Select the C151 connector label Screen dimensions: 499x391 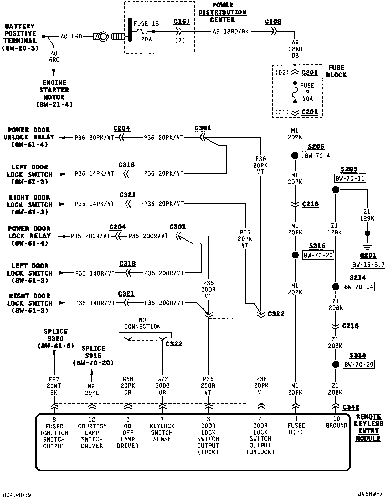182,22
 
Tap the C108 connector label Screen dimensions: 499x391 273,22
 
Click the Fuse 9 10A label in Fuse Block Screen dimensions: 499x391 307,92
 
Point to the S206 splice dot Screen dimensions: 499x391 295,156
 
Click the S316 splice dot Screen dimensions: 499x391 295,255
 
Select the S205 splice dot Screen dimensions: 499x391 336,189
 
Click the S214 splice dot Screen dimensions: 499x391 336,287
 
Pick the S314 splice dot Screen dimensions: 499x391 336,364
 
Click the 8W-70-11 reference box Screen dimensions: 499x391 350,178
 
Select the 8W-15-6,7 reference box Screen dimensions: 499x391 368,265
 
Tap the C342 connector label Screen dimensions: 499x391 351,407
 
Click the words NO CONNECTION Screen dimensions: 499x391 142,323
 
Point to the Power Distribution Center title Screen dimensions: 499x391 222,12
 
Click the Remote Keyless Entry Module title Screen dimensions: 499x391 368,427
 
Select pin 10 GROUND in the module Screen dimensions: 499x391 336,422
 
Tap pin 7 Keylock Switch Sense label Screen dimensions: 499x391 162,429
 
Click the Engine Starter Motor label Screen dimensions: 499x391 54,93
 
